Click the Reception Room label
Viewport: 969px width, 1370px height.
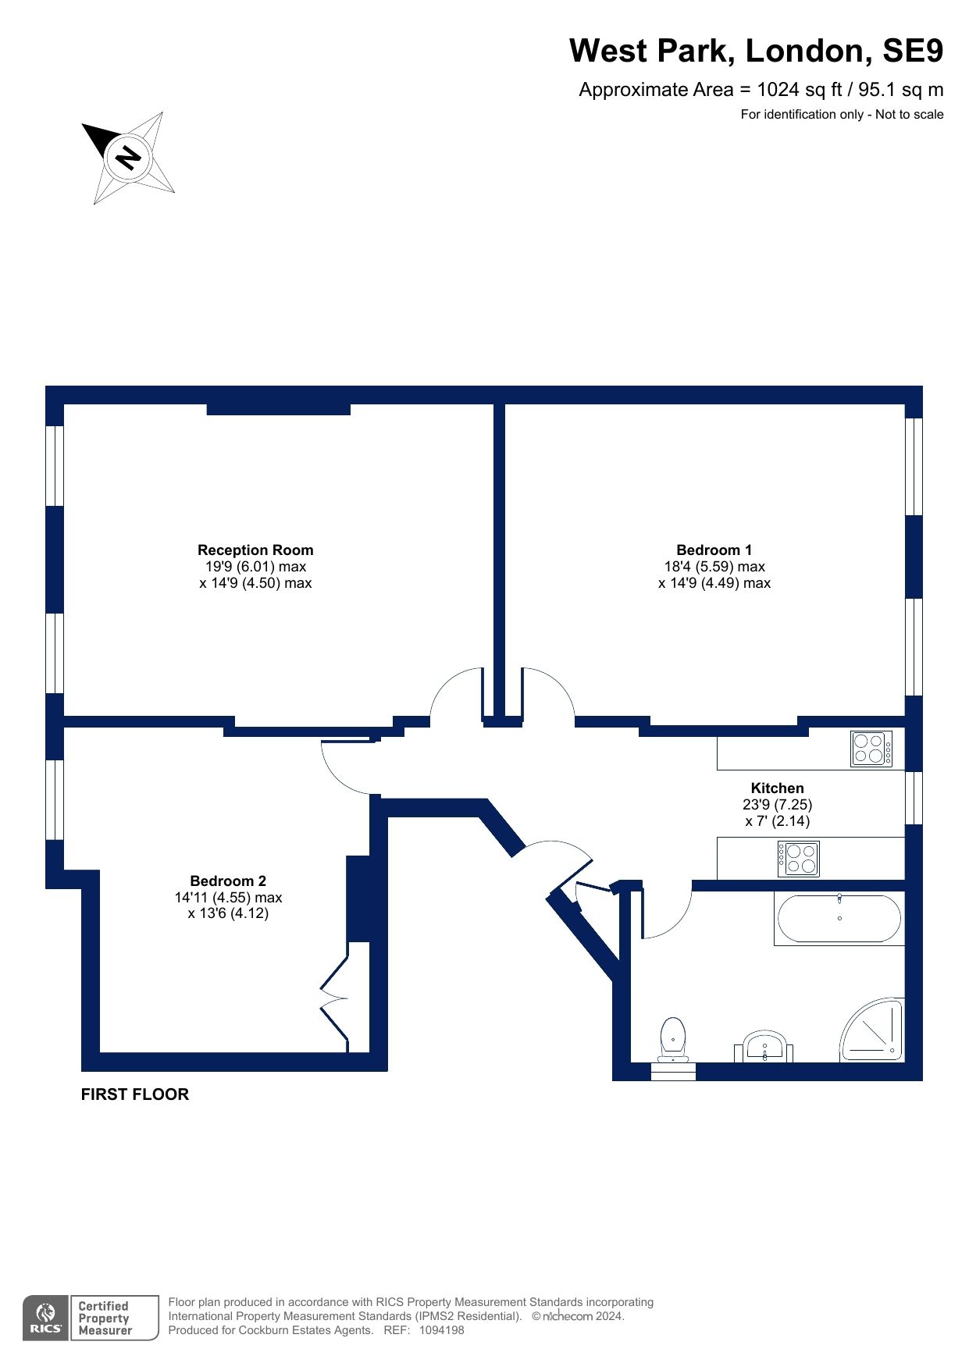[x=255, y=550]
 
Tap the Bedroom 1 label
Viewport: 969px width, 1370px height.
[x=714, y=550]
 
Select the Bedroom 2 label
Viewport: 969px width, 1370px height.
[x=228, y=881]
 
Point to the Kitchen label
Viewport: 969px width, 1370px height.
[x=777, y=788]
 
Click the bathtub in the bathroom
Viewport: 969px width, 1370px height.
[x=839, y=918]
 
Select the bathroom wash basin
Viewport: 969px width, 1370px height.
[x=764, y=1047]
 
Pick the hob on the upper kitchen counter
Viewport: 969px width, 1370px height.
[x=871, y=749]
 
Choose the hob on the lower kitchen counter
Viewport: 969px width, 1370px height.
[x=798, y=859]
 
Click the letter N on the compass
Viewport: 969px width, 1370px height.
[x=128, y=158]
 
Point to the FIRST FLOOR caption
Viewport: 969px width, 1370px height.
[x=135, y=1094]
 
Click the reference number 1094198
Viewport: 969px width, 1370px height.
[x=442, y=1330]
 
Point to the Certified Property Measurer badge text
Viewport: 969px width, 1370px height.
[x=105, y=1318]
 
